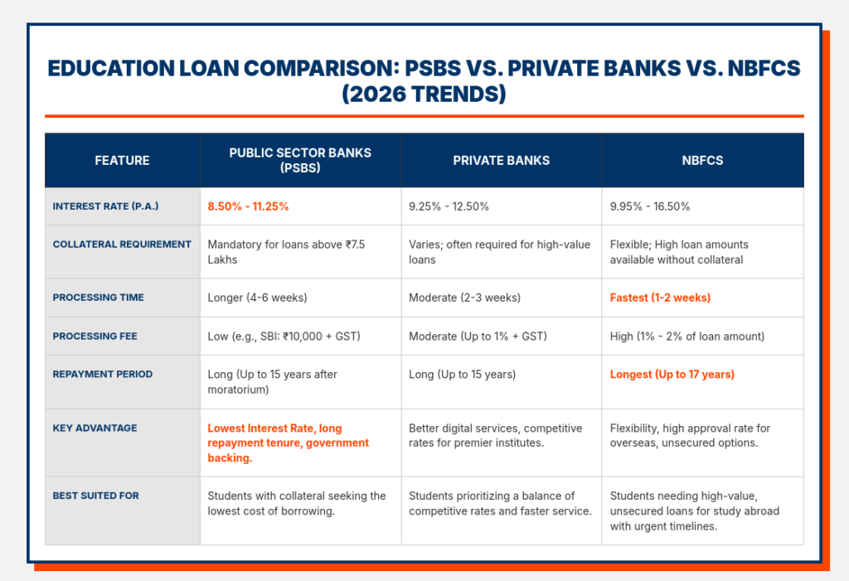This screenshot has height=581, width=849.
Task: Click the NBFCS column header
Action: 701,160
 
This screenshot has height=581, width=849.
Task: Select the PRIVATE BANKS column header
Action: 501,160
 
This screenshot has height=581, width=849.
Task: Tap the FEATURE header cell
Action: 122,160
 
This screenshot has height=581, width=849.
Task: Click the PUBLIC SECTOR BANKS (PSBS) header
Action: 300,160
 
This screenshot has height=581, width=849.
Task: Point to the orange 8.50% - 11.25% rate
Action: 248,206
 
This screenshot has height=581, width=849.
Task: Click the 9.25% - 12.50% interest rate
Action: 449,206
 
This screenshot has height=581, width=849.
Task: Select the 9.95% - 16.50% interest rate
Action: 649,206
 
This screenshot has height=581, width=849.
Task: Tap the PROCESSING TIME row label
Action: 98,298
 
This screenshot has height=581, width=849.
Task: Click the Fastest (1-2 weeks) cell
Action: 660,298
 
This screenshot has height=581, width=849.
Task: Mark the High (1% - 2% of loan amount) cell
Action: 687,336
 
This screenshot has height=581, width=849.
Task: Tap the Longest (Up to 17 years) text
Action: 672,375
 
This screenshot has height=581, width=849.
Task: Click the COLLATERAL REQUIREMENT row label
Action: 122,245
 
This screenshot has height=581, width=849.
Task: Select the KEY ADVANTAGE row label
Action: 95,428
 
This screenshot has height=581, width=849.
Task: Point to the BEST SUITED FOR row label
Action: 95,496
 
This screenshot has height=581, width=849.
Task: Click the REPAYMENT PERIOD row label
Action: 102,375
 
